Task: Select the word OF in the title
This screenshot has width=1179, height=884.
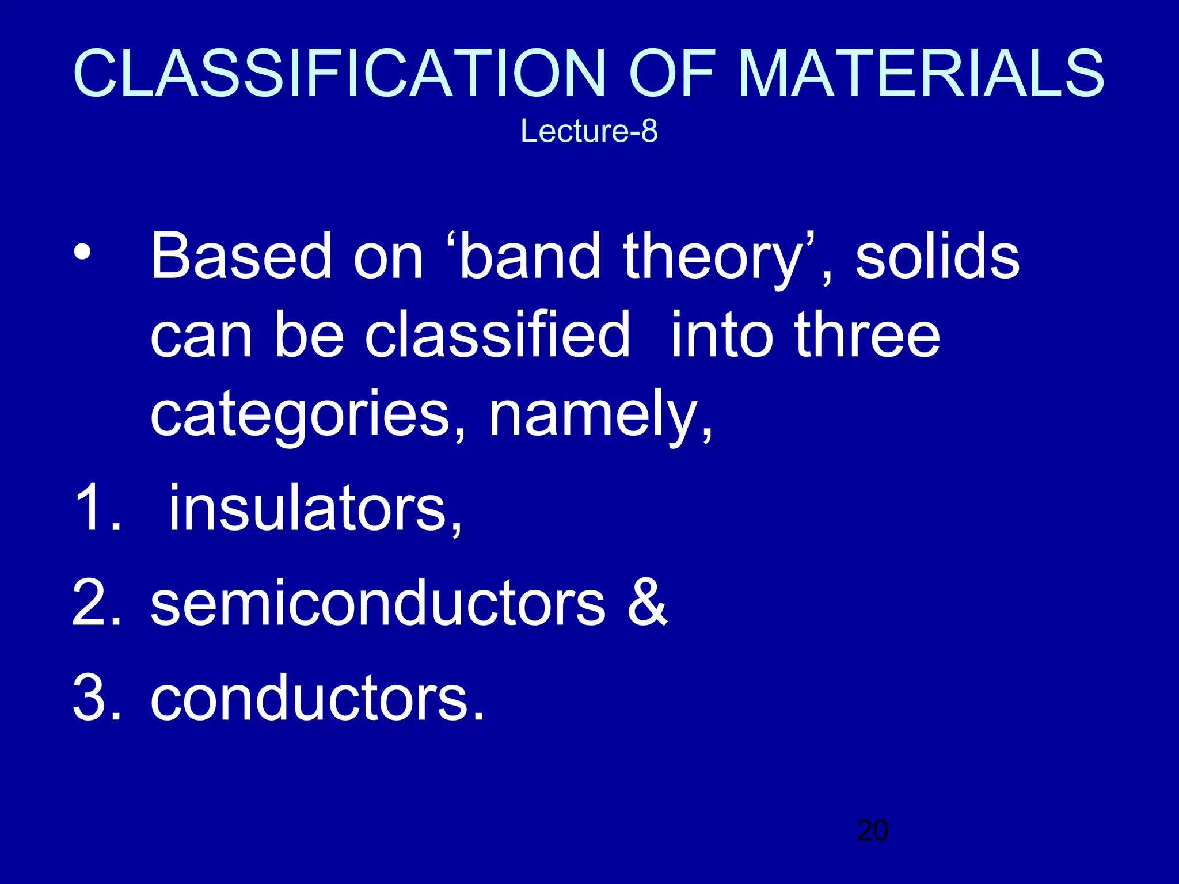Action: coord(672,74)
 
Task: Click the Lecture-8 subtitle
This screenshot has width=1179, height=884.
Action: coord(589,131)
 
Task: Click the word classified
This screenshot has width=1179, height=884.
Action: coord(497,335)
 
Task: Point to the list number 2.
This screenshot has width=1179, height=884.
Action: coord(92,603)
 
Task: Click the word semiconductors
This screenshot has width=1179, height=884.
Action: coord(378,603)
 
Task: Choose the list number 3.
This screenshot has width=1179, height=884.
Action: coord(92,698)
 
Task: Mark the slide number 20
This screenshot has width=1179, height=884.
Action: coord(872,830)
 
